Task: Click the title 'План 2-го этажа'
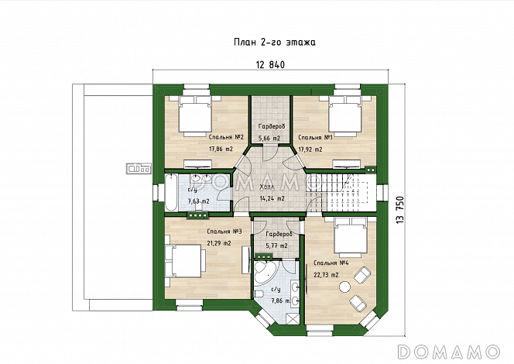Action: [275, 43]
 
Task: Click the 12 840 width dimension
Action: [270, 65]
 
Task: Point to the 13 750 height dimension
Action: [400, 210]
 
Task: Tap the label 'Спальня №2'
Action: [227, 137]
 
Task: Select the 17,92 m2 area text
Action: [310, 149]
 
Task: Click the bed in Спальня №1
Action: [343, 116]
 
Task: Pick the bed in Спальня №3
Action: [185, 261]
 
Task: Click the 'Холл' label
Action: [266, 187]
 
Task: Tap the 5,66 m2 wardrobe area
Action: [269, 138]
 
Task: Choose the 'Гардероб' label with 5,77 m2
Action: [279, 235]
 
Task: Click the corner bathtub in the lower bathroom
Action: [266, 272]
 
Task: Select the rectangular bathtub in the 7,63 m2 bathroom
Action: [171, 193]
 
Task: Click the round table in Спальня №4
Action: [344, 287]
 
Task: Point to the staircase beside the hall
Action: [341, 193]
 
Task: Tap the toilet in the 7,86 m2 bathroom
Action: [258, 294]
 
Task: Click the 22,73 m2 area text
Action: [326, 275]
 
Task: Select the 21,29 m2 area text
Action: [219, 243]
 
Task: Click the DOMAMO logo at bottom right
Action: [448, 352]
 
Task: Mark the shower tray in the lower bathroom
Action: [293, 318]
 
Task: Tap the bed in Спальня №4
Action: [350, 238]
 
